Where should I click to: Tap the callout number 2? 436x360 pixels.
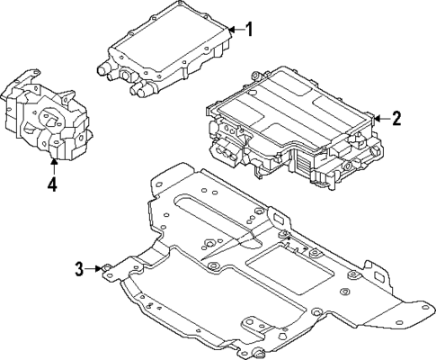[x=396, y=118]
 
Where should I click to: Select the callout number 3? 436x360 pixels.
[x=79, y=267]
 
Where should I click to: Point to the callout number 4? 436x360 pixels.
[x=52, y=186]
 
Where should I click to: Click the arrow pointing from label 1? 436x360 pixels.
[x=233, y=30]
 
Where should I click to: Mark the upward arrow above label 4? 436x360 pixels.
[x=53, y=166]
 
